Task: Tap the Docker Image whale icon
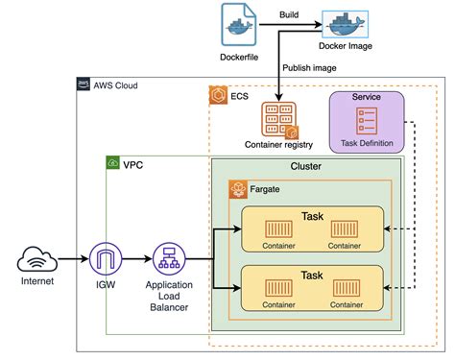point(344,25)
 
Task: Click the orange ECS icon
point(217,96)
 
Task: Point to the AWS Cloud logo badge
point(84,85)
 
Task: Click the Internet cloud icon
point(36,259)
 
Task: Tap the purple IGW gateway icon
point(106,259)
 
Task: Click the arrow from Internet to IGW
point(72,259)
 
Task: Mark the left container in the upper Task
point(279,230)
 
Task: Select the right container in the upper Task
point(344,230)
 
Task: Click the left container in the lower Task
point(279,289)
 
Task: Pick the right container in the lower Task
point(344,289)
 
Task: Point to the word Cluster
point(304,166)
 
